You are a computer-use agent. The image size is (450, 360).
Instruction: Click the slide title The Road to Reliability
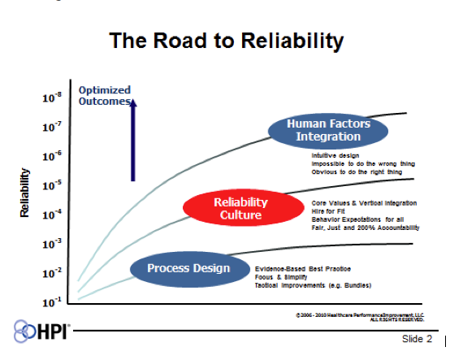click(x=227, y=40)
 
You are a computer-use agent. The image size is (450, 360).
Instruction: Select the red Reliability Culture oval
click(x=240, y=208)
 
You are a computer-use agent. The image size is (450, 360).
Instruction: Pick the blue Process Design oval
click(x=188, y=269)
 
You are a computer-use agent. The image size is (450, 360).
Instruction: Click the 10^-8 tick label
click(x=52, y=98)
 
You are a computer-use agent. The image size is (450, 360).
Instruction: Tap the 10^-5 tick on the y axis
click(x=52, y=185)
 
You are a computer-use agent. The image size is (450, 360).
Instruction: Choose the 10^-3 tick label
click(x=52, y=244)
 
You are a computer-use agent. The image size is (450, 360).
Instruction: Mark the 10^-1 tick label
click(x=52, y=301)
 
